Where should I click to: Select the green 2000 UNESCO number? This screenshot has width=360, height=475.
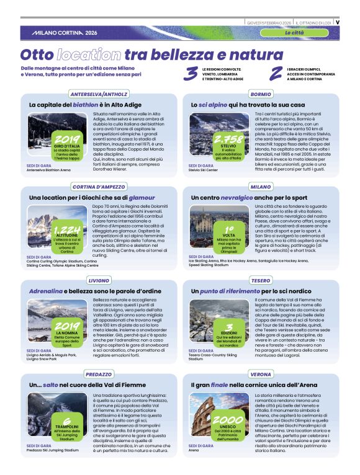(x=228, y=420)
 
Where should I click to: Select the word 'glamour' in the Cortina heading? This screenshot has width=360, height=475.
(x=142, y=197)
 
